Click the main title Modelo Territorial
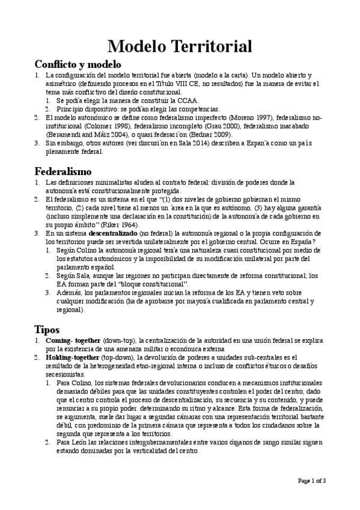pos(180,46)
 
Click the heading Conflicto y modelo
pos(78,64)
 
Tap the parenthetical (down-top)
pos(118,340)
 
